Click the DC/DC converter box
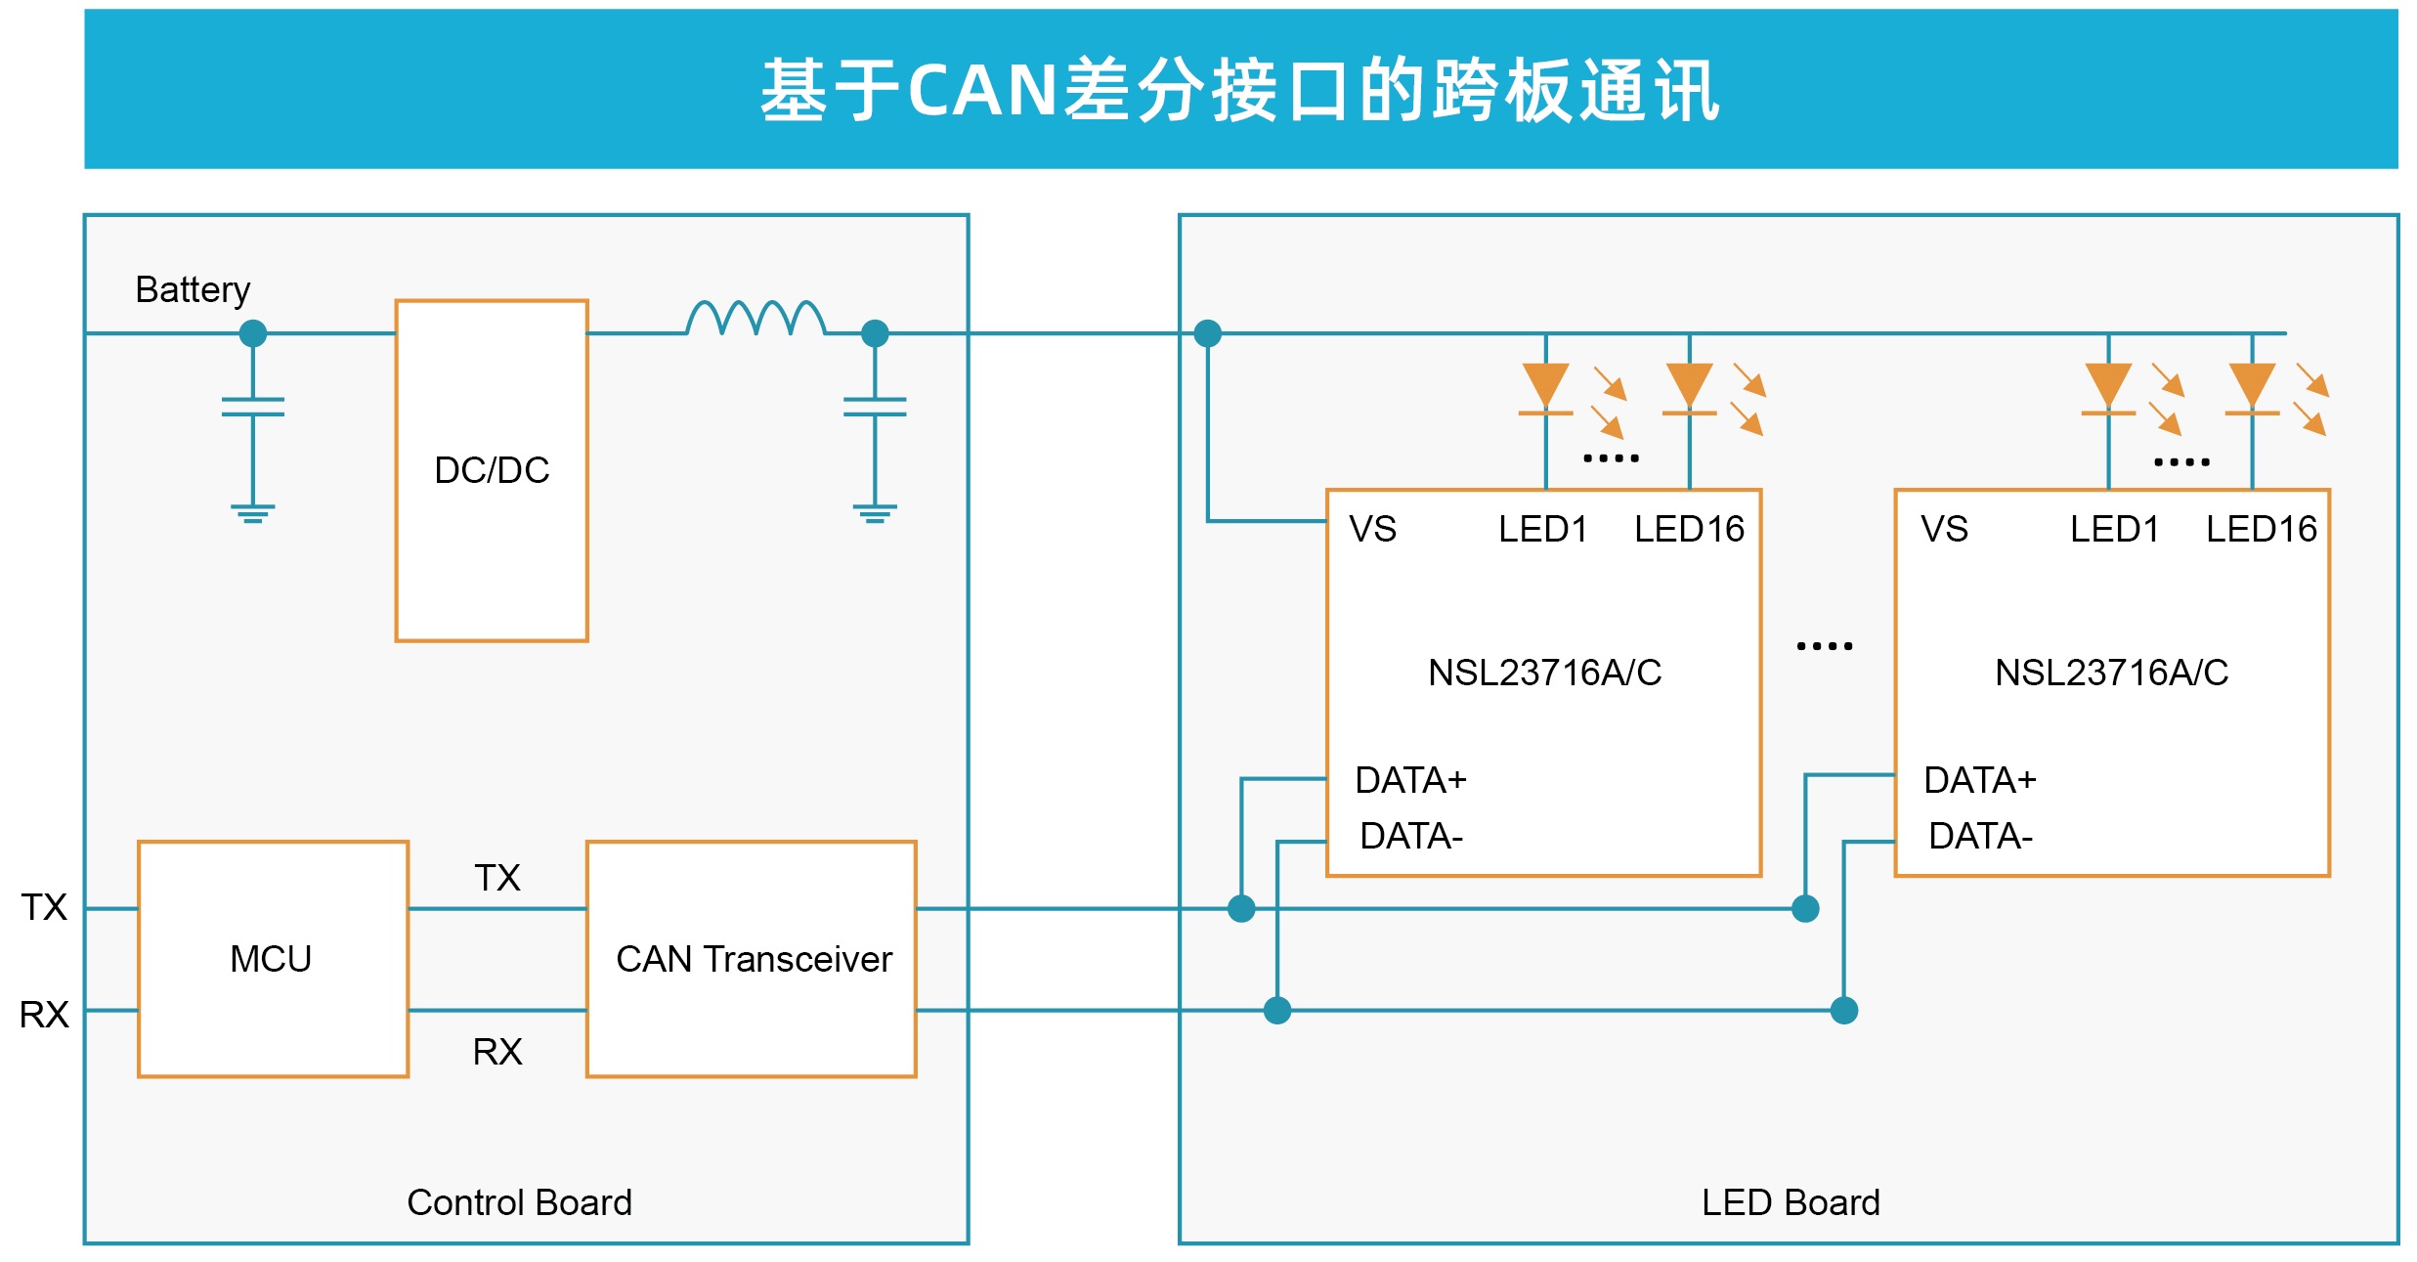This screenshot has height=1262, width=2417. point(492,470)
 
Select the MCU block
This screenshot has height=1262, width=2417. point(272,959)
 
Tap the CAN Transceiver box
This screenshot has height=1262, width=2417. point(753,959)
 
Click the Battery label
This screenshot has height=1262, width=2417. point(193,290)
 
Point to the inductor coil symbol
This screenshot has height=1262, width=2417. point(755,318)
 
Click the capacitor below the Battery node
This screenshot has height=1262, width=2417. point(253,407)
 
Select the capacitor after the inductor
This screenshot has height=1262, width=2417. point(875,407)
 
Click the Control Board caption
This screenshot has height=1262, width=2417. point(519,1202)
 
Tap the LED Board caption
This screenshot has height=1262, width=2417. point(1791,1202)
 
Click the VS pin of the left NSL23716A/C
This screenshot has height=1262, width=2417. point(1372,529)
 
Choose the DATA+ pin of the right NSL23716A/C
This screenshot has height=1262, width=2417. point(1980,780)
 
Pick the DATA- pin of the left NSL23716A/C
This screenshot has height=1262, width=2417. point(1411,836)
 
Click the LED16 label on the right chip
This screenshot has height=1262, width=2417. point(2262,529)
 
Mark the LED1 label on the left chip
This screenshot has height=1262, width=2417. point(1543,529)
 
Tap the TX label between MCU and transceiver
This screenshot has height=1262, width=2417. point(497,878)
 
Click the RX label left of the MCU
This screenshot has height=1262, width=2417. point(44,1015)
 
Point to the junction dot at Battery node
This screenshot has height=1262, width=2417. point(253,333)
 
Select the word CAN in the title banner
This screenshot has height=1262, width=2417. point(982,90)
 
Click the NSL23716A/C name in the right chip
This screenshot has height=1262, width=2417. point(2111,673)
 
